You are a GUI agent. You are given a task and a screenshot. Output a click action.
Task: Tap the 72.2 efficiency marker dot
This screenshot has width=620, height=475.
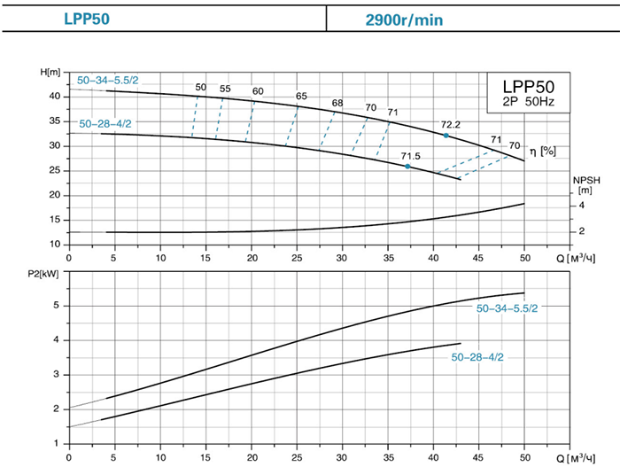pos(446,136)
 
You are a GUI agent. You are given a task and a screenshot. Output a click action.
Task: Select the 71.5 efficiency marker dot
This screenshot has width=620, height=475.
pos(407,167)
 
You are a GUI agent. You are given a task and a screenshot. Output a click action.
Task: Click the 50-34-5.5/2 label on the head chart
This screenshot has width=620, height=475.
pos(108,81)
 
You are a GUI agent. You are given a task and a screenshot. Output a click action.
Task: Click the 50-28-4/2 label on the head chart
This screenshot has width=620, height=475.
pos(105,123)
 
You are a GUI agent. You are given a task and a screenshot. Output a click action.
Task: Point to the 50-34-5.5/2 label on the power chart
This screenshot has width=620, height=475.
pos(508,308)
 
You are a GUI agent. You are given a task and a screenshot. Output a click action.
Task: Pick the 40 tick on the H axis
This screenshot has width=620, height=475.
pos(54,96)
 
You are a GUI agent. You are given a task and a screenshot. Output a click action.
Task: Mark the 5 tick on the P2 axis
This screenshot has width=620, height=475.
pos(56,306)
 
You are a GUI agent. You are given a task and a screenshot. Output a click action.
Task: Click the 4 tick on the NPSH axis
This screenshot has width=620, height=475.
pos(583,206)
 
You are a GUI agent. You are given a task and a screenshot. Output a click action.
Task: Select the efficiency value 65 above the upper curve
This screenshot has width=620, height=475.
pos(301,96)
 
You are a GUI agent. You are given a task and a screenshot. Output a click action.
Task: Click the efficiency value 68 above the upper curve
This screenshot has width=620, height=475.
pos(337,103)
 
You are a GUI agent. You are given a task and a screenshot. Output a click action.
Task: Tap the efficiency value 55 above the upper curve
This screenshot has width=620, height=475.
pos(225,88)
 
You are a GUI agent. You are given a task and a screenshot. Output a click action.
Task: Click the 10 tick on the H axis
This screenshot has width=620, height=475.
pos(54,244)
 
